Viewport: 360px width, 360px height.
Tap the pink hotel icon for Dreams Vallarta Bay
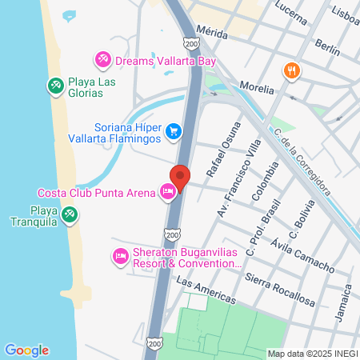point(102,59)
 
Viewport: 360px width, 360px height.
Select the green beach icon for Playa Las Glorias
point(55,85)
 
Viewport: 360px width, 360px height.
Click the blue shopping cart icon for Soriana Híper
point(173,130)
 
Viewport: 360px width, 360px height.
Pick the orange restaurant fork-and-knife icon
point(291,70)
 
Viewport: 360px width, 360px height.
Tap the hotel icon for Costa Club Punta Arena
point(168,193)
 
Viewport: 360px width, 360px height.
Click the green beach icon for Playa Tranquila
point(70,214)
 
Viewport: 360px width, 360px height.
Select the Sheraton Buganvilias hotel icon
point(120,256)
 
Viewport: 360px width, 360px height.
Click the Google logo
point(26,350)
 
